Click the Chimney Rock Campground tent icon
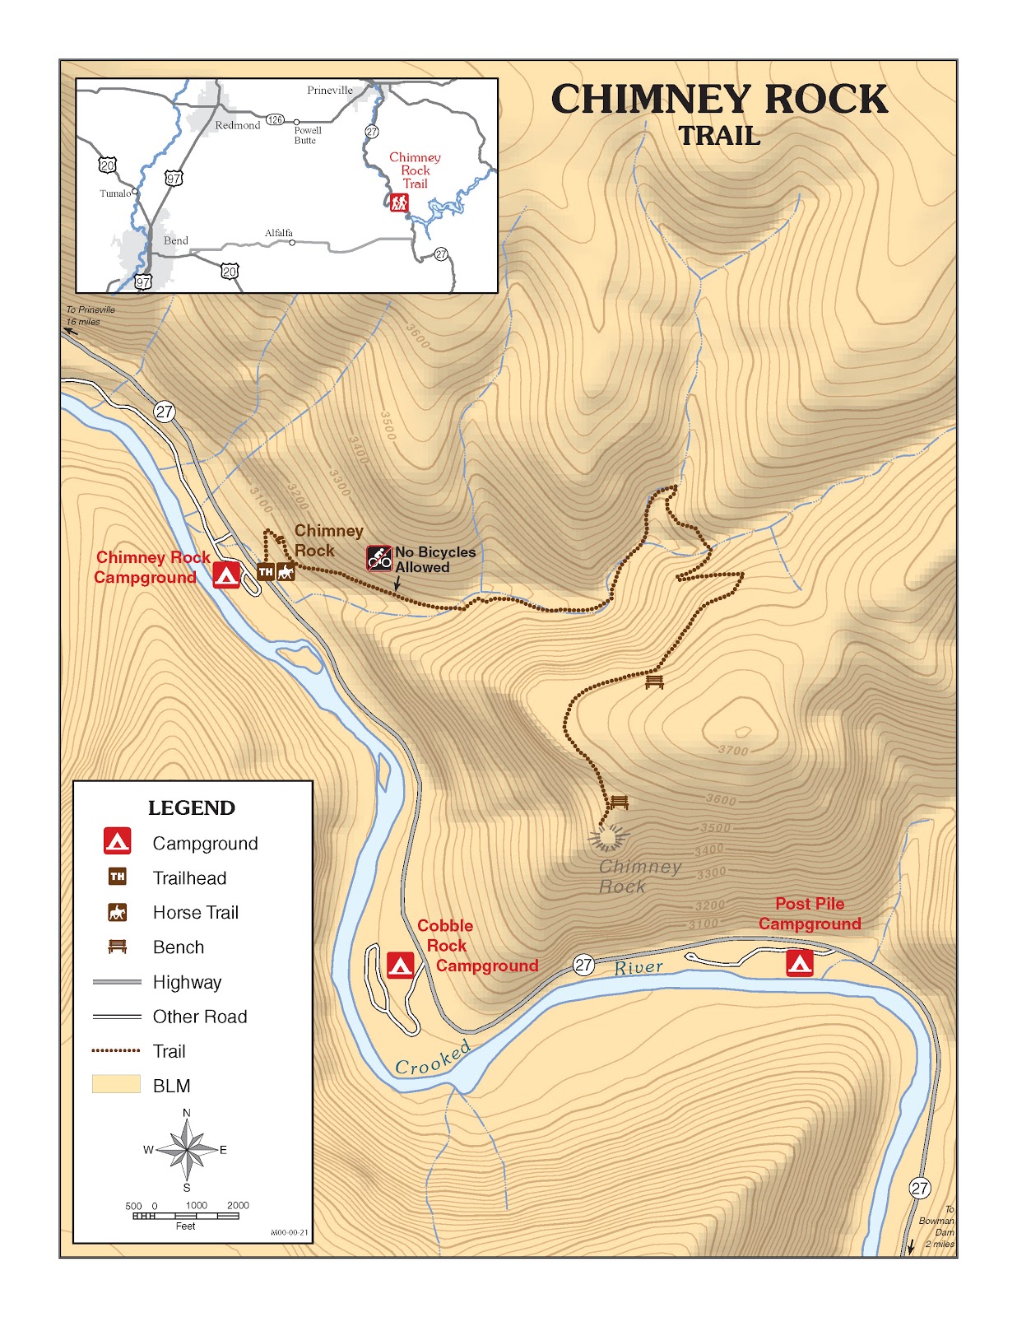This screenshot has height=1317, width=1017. pos(226,575)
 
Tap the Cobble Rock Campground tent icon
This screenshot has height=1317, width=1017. pos(400,965)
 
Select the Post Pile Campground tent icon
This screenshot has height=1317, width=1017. pos(799,962)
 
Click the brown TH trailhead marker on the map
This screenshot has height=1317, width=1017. pos(266,572)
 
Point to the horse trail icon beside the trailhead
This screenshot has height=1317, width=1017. pos(286,572)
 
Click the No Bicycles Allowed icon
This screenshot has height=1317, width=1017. pos(379,558)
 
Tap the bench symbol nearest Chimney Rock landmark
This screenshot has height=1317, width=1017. pos(619,803)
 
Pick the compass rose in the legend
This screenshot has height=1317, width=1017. pos(187,1150)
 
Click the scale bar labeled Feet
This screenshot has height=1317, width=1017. pos(186,1216)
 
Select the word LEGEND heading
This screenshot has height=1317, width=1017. pos(192,808)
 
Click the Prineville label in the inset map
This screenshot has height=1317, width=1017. pos(330,91)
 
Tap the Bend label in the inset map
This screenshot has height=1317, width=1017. pos(176,240)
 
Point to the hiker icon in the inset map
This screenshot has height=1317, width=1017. pos(399,202)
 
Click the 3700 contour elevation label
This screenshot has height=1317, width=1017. pos(733,751)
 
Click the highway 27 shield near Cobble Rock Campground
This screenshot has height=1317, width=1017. pos(583,965)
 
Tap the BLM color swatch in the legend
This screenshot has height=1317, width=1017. pos(116,1084)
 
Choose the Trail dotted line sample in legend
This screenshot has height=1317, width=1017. pos(116,1051)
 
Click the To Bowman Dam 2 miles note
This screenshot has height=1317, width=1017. pos(937,1226)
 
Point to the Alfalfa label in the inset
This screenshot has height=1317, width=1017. pos(279,233)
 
